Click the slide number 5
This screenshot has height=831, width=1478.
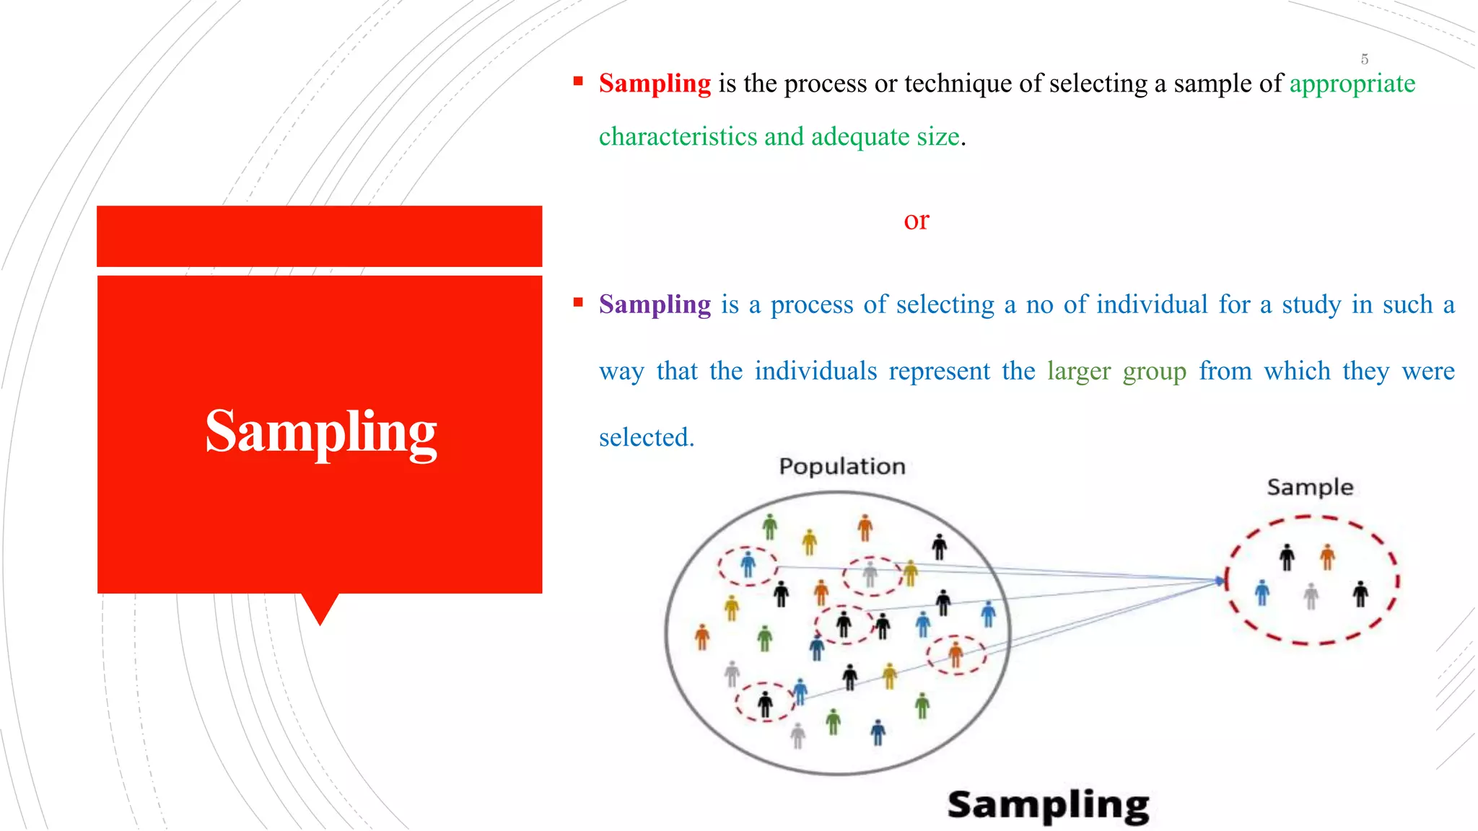[1364, 59]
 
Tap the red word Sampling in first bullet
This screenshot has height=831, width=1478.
[655, 84]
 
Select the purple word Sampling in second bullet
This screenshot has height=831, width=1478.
[655, 304]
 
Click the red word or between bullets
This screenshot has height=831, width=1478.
[916, 220]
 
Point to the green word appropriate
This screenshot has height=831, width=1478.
[1352, 84]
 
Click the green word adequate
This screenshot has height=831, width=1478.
[860, 136]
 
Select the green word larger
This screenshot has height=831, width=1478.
[1078, 371]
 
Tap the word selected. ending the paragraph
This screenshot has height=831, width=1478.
[646, 437]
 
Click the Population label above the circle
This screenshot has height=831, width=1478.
[841, 467]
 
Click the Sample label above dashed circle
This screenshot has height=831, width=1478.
[1309, 487]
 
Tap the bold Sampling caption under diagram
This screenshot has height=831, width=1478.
[1048, 805]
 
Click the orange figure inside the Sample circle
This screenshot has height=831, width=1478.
[1327, 556]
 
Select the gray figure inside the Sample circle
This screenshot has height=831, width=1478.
[1311, 596]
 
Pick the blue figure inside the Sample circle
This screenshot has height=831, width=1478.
[1261, 592]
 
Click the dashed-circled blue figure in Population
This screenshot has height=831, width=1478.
[748, 564]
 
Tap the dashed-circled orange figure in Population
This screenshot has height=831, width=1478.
[956, 654]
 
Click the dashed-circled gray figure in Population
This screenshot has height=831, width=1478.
[870, 574]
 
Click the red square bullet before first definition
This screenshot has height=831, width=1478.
[578, 82]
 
